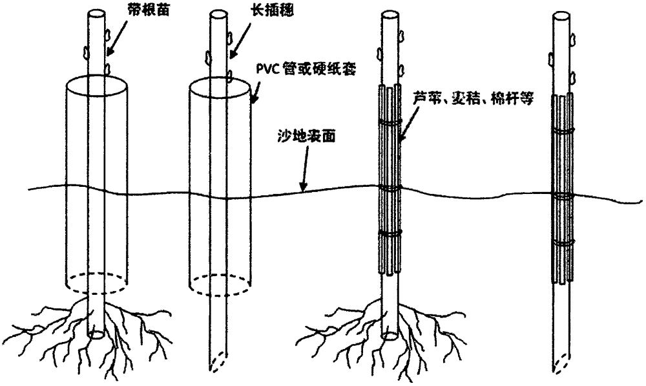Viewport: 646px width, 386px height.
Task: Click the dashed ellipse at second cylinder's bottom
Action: click(x=220, y=283)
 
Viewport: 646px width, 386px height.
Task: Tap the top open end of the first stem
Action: click(x=96, y=12)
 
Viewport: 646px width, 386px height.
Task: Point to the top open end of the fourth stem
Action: click(x=561, y=13)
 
